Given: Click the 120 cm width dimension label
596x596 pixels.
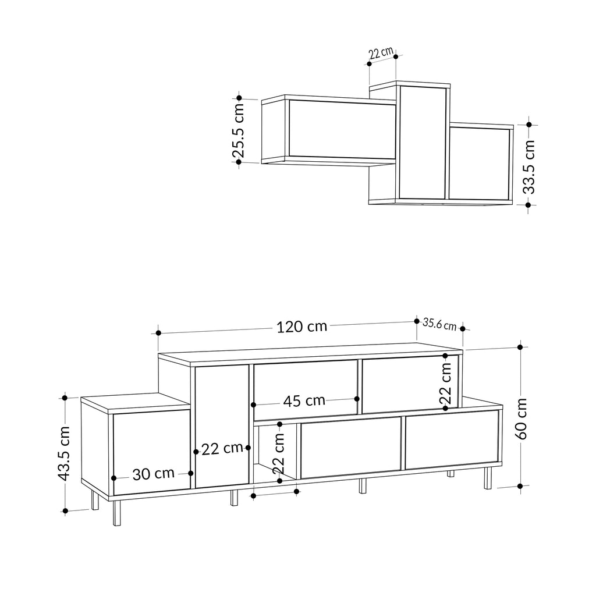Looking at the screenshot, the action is (301, 327).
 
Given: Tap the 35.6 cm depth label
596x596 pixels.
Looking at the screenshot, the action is (439, 324).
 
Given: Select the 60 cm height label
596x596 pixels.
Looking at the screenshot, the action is (521, 418).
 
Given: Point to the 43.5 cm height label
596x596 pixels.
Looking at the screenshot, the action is (64, 453).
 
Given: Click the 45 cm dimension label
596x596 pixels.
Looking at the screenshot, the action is (304, 400).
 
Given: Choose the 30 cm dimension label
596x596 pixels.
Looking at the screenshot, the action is (153, 474).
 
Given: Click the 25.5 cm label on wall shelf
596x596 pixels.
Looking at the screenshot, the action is (238, 130).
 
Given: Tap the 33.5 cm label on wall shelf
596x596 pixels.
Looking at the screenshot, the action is (528, 166).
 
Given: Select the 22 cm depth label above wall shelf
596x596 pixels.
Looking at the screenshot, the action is (381, 53).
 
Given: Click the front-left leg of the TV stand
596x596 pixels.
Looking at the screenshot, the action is (117, 513).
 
